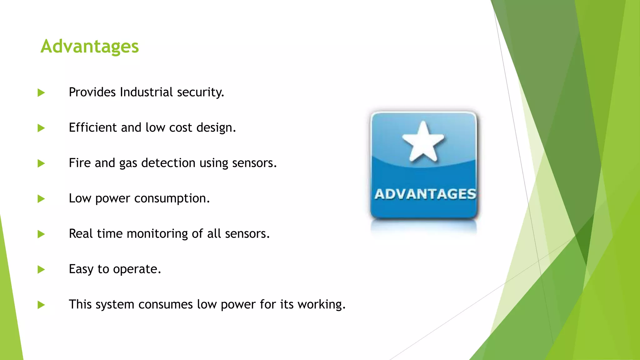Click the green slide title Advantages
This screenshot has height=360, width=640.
click(89, 47)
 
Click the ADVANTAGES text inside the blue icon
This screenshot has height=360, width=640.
click(425, 194)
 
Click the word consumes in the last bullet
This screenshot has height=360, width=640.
click(165, 304)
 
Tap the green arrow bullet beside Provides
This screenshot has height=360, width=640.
click(41, 93)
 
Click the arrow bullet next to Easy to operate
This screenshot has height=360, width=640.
click(41, 269)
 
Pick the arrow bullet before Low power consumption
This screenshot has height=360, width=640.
click(41, 199)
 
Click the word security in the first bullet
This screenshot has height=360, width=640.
click(200, 92)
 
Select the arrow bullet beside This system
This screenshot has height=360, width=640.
click(41, 305)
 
